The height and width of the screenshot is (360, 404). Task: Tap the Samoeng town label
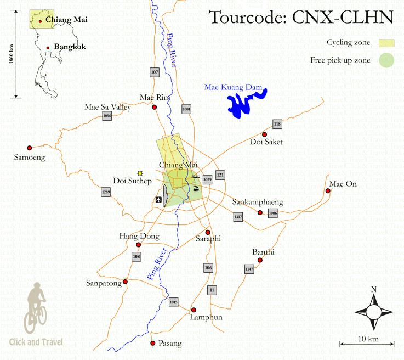coord(29,157)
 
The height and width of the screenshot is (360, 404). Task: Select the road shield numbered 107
coord(154,72)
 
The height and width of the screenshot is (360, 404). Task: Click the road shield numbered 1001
coord(187,109)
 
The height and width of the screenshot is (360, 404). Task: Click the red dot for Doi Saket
coord(264,134)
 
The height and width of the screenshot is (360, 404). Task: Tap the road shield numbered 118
coord(277,124)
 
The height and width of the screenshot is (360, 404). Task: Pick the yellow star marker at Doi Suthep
coord(140,173)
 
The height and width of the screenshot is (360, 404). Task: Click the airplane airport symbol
coord(159,199)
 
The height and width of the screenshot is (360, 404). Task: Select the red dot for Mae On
coord(328,191)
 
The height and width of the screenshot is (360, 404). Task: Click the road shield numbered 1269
coord(106,192)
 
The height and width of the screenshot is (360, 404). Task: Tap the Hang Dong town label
coord(139,237)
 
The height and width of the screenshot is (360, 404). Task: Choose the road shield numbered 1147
coord(249,269)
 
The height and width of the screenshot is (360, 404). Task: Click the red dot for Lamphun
coord(194,310)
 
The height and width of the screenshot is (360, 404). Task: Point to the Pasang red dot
coord(153,344)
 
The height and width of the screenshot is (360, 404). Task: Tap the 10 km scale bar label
coord(368,339)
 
